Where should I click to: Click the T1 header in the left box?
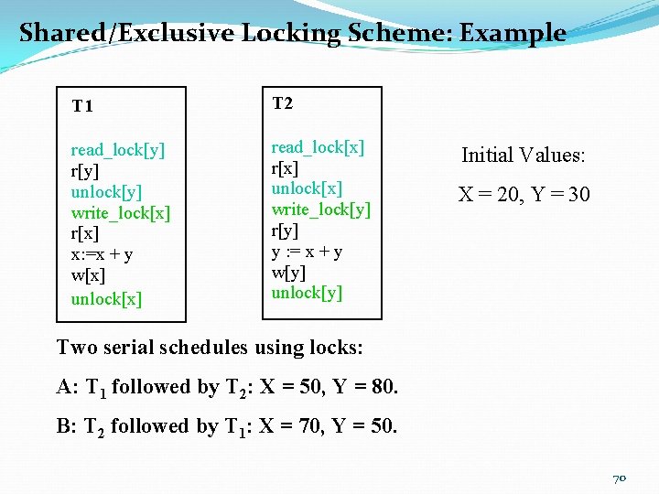82,106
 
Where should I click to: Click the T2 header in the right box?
282,103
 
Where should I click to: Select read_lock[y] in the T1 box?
118,150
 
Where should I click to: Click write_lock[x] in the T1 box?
121,213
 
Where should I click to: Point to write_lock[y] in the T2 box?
320,209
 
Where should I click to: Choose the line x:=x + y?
102,256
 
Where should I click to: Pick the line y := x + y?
307,252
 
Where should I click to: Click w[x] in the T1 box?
87,277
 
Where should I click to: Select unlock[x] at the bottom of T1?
106,299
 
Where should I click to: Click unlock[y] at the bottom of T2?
307,293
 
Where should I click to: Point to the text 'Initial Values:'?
523,155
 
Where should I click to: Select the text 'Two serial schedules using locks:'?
210,348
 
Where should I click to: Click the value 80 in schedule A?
382,387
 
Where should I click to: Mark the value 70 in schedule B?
305,426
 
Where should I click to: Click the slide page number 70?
620,478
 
